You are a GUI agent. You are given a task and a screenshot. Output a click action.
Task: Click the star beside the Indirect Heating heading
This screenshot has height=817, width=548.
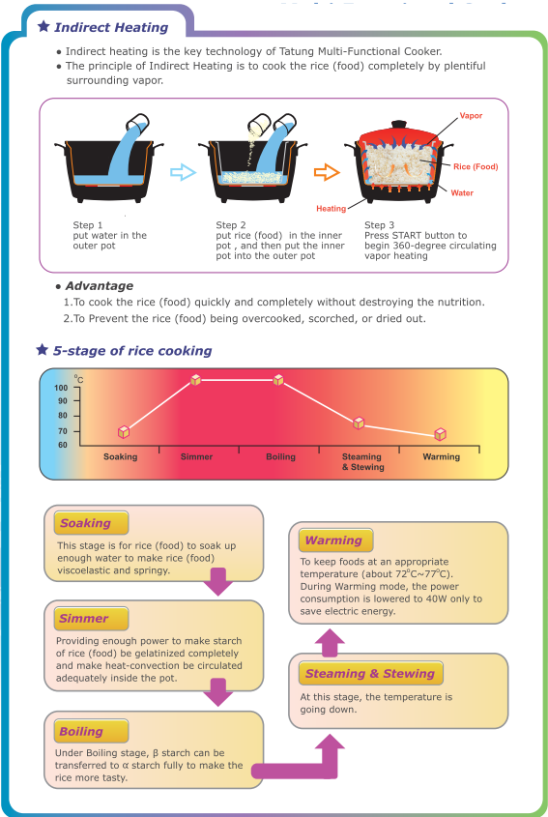tap(43, 26)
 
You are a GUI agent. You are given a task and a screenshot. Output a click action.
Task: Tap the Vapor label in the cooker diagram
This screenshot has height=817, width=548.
tap(471, 116)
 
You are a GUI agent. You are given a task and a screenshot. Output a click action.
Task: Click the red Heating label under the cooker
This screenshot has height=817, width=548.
tap(331, 209)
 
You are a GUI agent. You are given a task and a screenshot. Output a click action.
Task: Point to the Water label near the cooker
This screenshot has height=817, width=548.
tap(462, 192)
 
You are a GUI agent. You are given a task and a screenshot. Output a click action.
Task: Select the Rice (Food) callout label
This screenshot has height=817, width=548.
tap(476, 166)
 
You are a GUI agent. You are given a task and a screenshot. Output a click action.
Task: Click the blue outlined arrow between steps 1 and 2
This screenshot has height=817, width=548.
tap(183, 172)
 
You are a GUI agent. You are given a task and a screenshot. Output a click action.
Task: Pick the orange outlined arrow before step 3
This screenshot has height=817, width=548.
tap(327, 172)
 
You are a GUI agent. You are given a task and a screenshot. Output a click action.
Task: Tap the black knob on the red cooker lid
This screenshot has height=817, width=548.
tap(398, 125)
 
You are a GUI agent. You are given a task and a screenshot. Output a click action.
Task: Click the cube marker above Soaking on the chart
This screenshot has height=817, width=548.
tap(124, 432)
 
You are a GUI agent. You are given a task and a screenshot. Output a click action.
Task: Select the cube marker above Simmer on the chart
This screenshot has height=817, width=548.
tap(195, 380)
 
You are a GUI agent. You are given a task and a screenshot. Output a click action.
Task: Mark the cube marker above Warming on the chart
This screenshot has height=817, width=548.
tap(440, 434)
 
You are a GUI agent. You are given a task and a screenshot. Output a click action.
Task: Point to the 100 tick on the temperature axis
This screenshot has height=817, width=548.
tap(61, 388)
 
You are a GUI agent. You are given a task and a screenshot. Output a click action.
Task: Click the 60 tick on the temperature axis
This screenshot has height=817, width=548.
tap(63, 445)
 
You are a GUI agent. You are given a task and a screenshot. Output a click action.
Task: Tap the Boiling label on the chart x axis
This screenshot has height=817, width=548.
tap(281, 457)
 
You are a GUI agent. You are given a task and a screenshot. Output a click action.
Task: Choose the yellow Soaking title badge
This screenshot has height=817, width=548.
tap(91, 523)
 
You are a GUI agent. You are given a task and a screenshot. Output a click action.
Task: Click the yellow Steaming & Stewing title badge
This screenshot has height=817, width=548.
tap(371, 673)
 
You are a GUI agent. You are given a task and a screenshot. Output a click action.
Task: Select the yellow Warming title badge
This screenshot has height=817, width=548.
tap(336, 540)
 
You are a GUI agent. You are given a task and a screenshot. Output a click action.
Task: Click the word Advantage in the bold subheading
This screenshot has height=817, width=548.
tap(100, 285)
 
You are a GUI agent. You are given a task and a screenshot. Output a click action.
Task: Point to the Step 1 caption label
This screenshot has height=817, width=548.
tap(88, 225)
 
